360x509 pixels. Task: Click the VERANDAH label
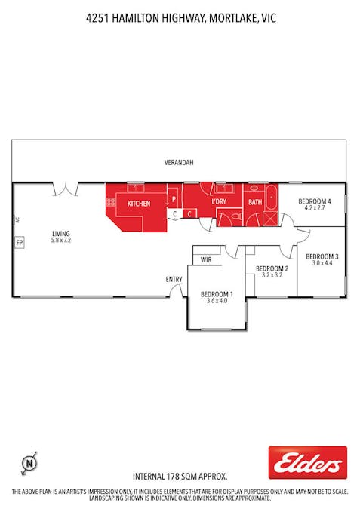(x=180, y=162)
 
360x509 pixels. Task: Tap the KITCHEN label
(x=138, y=204)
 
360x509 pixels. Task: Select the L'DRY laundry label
(x=219, y=202)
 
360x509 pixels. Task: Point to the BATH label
(x=255, y=202)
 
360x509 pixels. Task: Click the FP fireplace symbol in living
(x=19, y=243)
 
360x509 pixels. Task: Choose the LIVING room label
(x=61, y=233)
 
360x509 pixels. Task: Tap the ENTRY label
(x=174, y=279)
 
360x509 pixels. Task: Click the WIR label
(x=205, y=260)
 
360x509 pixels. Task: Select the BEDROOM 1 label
(x=217, y=294)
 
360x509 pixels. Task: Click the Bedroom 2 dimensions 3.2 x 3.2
(x=271, y=275)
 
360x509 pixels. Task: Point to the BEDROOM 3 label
(x=322, y=256)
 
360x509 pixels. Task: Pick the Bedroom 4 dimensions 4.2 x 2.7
(x=314, y=207)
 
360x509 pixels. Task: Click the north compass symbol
(x=29, y=461)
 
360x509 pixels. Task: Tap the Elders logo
(x=307, y=462)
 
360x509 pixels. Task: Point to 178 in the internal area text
(x=174, y=477)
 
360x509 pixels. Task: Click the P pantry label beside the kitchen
(x=174, y=199)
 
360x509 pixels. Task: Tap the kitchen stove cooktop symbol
(x=110, y=201)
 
